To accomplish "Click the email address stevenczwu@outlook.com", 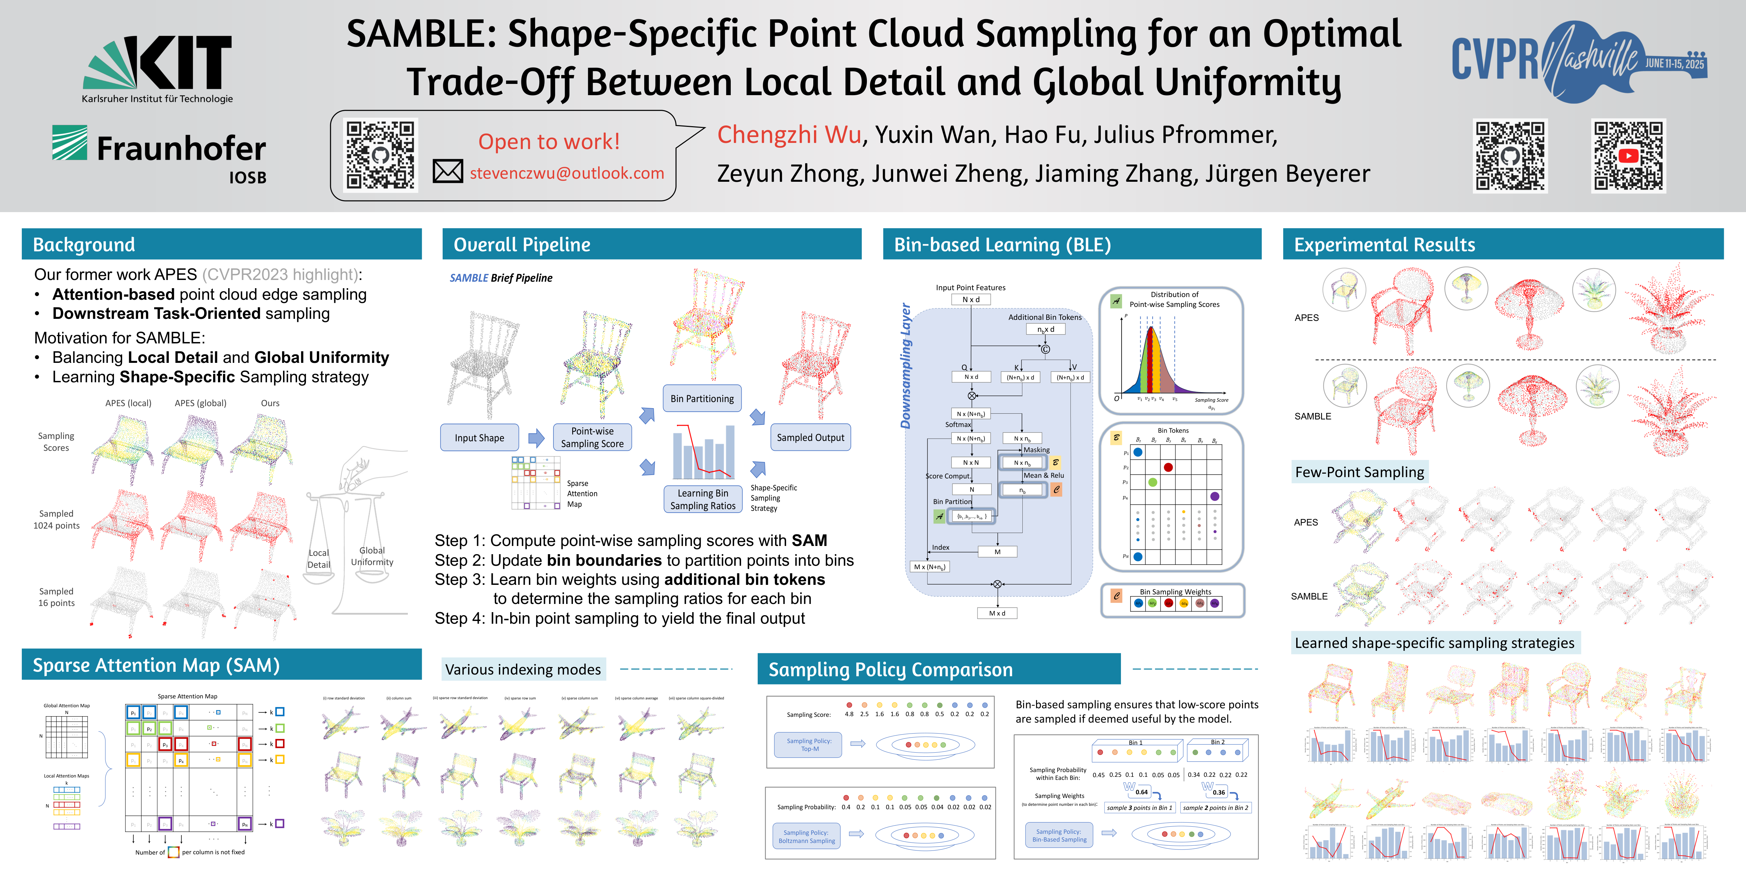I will [x=567, y=174].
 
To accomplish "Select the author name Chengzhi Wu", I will [x=789, y=135].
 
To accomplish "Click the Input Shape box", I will [x=479, y=438].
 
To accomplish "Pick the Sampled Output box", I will [x=810, y=438].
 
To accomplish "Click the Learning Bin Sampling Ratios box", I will [x=702, y=500].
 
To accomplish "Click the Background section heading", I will [x=84, y=245].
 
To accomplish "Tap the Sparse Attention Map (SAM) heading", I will [x=156, y=666].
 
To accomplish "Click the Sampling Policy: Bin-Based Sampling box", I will [x=1059, y=835].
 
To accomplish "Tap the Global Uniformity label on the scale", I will [x=372, y=556].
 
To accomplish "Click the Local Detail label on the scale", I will [x=319, y=559].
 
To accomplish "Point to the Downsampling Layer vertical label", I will [x=905, y=366].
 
